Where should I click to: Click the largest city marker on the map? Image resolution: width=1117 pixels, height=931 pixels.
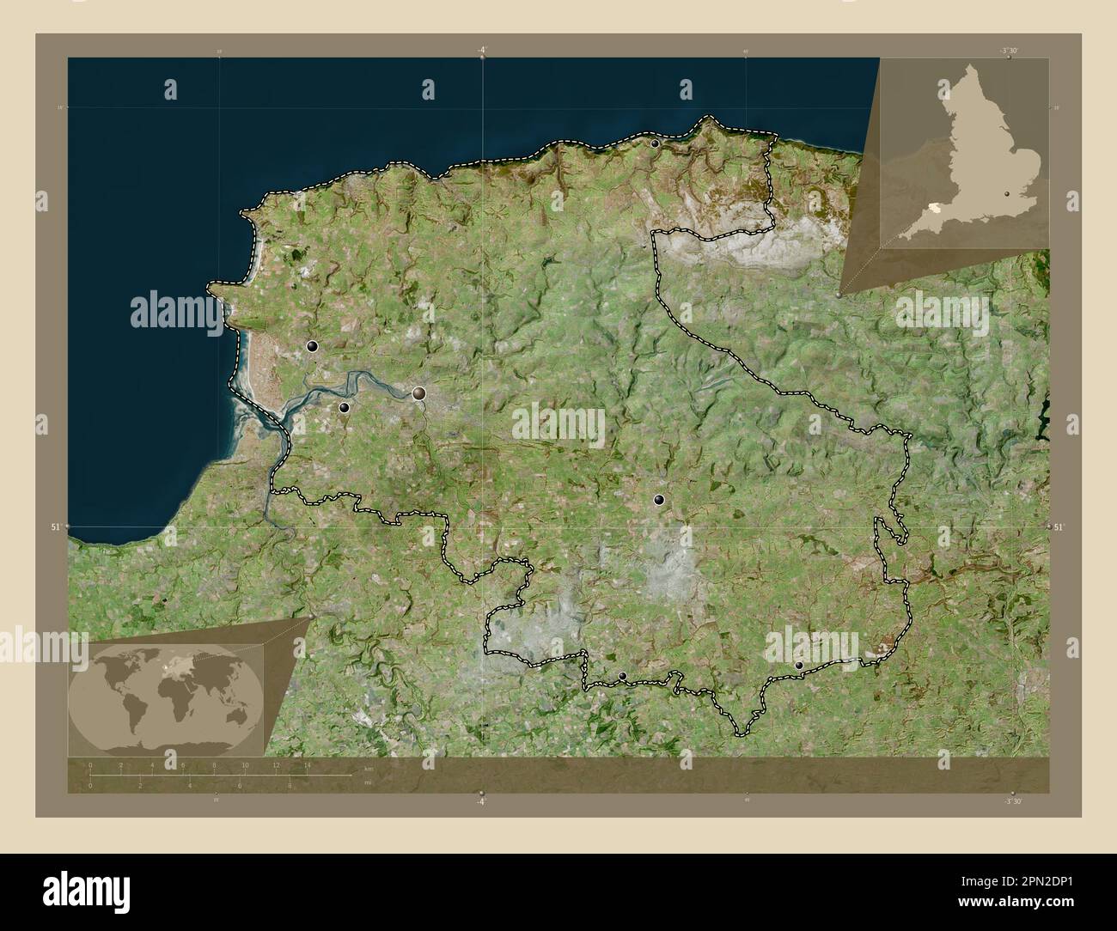point(419,393)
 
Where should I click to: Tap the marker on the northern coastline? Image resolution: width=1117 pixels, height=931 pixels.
point(656,144)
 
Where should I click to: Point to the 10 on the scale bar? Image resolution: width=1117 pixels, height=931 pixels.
point(245,765)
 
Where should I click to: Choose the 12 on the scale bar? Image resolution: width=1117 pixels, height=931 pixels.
point(276,765)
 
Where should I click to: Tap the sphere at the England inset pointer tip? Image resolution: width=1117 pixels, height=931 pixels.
point(839,294)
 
